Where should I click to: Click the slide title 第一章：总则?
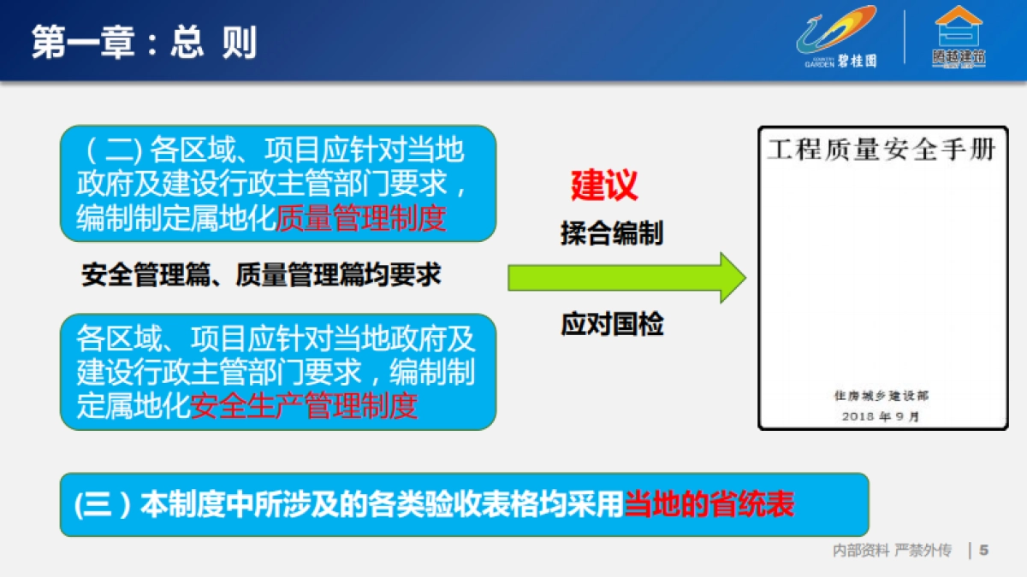(144, 43)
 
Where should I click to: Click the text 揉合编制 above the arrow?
(612, 233)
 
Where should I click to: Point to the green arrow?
(626, 278)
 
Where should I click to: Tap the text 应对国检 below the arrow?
(612, 324)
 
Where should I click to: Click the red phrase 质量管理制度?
(361, 218)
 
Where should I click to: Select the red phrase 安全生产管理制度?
(303, 405)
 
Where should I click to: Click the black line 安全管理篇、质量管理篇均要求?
(261, 274)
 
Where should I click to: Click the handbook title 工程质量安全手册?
(882, 150)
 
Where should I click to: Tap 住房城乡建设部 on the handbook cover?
(881, 396)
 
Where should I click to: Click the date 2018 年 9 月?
(881, 416)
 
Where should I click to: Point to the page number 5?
(983, 550)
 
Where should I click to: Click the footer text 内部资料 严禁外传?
(892, 550)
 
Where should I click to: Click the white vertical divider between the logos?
(905, 38)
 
